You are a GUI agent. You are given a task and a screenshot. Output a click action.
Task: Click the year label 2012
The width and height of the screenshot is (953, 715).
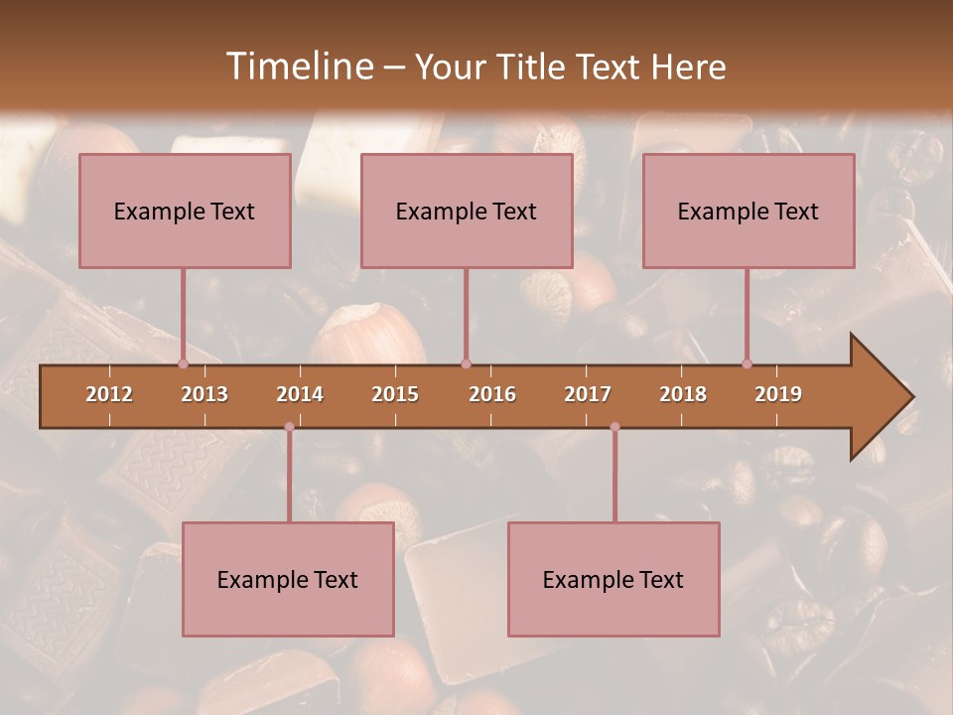(x=109, y=394)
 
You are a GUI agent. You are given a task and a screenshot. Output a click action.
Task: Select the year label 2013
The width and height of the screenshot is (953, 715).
(x=204, y=394)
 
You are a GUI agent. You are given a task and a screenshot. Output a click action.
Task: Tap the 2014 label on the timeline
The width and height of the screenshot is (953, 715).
(x=300, y=394)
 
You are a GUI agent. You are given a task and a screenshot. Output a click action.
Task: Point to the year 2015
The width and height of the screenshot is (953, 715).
(x=395, y=394)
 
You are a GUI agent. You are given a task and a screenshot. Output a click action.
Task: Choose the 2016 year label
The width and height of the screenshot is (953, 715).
(x=492, y=394)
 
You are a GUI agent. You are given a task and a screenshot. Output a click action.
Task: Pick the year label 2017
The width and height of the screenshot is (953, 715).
(x=588, y=394)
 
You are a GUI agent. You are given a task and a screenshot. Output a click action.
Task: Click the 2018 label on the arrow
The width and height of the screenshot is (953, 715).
(x=683, y=394)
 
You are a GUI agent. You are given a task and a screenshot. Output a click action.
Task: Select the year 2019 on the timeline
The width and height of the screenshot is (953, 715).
(x=778, y=394)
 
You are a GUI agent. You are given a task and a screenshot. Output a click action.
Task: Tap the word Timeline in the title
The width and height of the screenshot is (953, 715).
(x=298, y=67)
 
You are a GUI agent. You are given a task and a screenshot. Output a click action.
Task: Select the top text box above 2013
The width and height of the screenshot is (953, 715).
(x=185, y=211)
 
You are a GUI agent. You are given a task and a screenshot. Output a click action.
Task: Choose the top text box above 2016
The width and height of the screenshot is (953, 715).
(x=467, y=211)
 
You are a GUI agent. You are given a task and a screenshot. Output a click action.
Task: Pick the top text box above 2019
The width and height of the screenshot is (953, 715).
(x=749, y=211)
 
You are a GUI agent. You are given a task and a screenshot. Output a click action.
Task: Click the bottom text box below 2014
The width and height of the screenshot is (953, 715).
(x=288, y=579)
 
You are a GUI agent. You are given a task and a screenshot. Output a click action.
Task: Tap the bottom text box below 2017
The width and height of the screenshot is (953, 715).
(x=613, y=579)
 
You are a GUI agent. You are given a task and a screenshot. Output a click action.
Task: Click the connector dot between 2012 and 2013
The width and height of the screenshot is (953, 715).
(x=183, y=363)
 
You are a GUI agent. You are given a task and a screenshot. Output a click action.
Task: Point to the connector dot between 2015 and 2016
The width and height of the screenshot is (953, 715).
(x=466, y=363)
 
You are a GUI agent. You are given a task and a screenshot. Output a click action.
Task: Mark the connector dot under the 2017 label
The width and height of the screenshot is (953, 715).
(x=614, y=427)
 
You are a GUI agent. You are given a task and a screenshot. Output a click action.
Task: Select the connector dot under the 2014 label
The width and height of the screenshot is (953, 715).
(x=289, y=427)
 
